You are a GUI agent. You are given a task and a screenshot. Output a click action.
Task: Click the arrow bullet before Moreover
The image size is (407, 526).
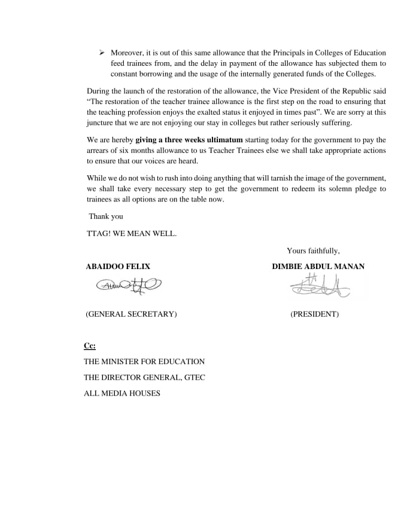[102, 53]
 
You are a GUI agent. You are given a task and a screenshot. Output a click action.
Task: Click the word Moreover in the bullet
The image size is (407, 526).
[127, 53]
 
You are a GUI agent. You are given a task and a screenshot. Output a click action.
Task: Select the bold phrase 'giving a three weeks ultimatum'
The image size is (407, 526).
[189, 140]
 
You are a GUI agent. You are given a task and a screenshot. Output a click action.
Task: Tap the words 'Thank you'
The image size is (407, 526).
[106, 216]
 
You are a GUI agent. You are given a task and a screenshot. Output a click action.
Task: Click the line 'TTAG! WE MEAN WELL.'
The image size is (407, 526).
[132, 234]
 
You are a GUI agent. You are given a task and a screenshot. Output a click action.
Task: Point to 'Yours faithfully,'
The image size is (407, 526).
[313, 251]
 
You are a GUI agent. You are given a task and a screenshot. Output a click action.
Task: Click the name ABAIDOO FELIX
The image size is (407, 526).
[118, 267]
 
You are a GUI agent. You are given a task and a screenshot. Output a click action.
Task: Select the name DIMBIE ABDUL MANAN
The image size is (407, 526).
[318, 267]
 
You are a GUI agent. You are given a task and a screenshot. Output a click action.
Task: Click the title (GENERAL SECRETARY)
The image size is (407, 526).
[131, 314]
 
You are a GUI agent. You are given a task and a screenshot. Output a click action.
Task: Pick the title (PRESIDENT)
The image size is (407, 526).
[314, 314]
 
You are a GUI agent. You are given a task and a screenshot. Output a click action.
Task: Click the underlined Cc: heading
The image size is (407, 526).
[89, 345]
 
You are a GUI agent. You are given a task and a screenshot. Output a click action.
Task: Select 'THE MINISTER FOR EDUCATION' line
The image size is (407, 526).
[144, 362]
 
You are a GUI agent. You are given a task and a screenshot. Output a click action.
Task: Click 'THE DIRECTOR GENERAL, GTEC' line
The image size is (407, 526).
[144, 377]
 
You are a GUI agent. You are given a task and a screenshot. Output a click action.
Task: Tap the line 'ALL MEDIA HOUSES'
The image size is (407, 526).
[122, 393]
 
